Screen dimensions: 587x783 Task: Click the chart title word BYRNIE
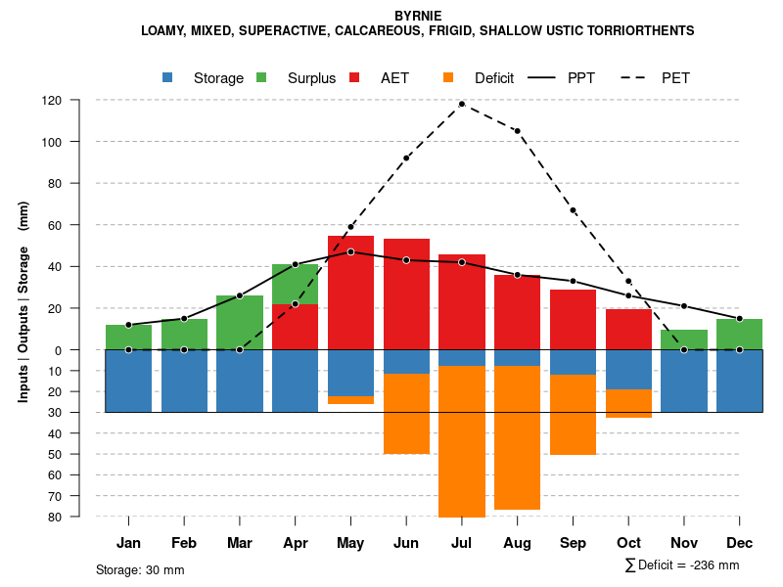tap(418, 16)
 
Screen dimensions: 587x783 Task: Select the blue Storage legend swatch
tap(168, 78)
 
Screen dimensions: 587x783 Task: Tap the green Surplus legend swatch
tap(261, 78)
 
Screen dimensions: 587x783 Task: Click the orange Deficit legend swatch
tap(448, 78)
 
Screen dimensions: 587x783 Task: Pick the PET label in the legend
tap(675, 78)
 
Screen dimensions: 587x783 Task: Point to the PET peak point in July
tap(461, 104)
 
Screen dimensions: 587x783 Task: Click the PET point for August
tap(517, 131)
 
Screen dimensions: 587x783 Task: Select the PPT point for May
tap(350, 251)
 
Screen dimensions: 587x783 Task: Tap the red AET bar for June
tap(406, 293)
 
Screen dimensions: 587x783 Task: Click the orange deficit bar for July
tap(461, 440)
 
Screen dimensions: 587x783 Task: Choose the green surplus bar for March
tap(239, 322)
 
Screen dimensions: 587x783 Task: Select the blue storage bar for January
tap(128, 381)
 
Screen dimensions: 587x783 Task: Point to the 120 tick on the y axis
tap(52, 100)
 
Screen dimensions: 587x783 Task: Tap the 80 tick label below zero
tap(55, 517)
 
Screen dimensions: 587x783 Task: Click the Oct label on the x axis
tap(628, 543)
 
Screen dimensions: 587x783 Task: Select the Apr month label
tap(295, 543)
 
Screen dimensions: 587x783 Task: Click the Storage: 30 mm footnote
tap(140, 569)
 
